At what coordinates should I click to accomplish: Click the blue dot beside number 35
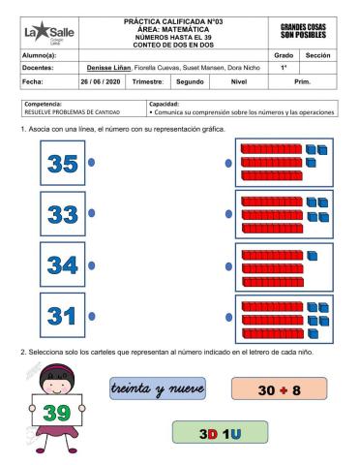click(x=92, y=163)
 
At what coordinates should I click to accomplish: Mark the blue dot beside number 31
click(x=92, y=316)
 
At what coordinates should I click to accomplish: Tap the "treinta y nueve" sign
click(x=158, y=388)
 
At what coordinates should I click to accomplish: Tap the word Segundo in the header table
click(x=188, y=82)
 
